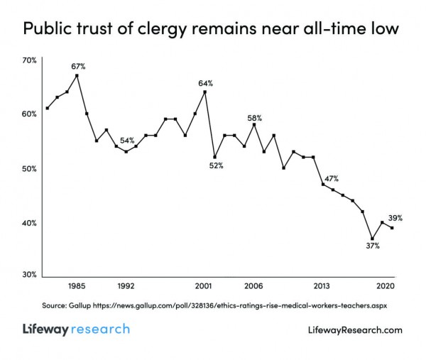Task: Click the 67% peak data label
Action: pyautogui.click(x=78, y=66)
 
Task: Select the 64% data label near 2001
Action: pyautogui.click(x=205, y=83)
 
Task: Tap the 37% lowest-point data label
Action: pyautogui.click(x=373, y=246)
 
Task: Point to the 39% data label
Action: pyautogui.click(x=395, y=218)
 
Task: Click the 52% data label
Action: pyautogui.click(x=216, y=165)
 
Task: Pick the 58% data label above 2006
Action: pyautogui.click(x=255, y=118)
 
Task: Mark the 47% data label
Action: pyautogui.click(x=331, y=178)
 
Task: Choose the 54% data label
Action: pyautogui.click(x=127, y=140)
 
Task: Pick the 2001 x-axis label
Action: pyautogui.click(x=204, y=287)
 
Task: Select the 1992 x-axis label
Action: pyautogui.click(x=126, y=287)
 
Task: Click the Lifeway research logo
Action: pyautogui.click(x=75, y=329)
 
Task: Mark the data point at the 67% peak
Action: pyautogui.click(x=77, y=75)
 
